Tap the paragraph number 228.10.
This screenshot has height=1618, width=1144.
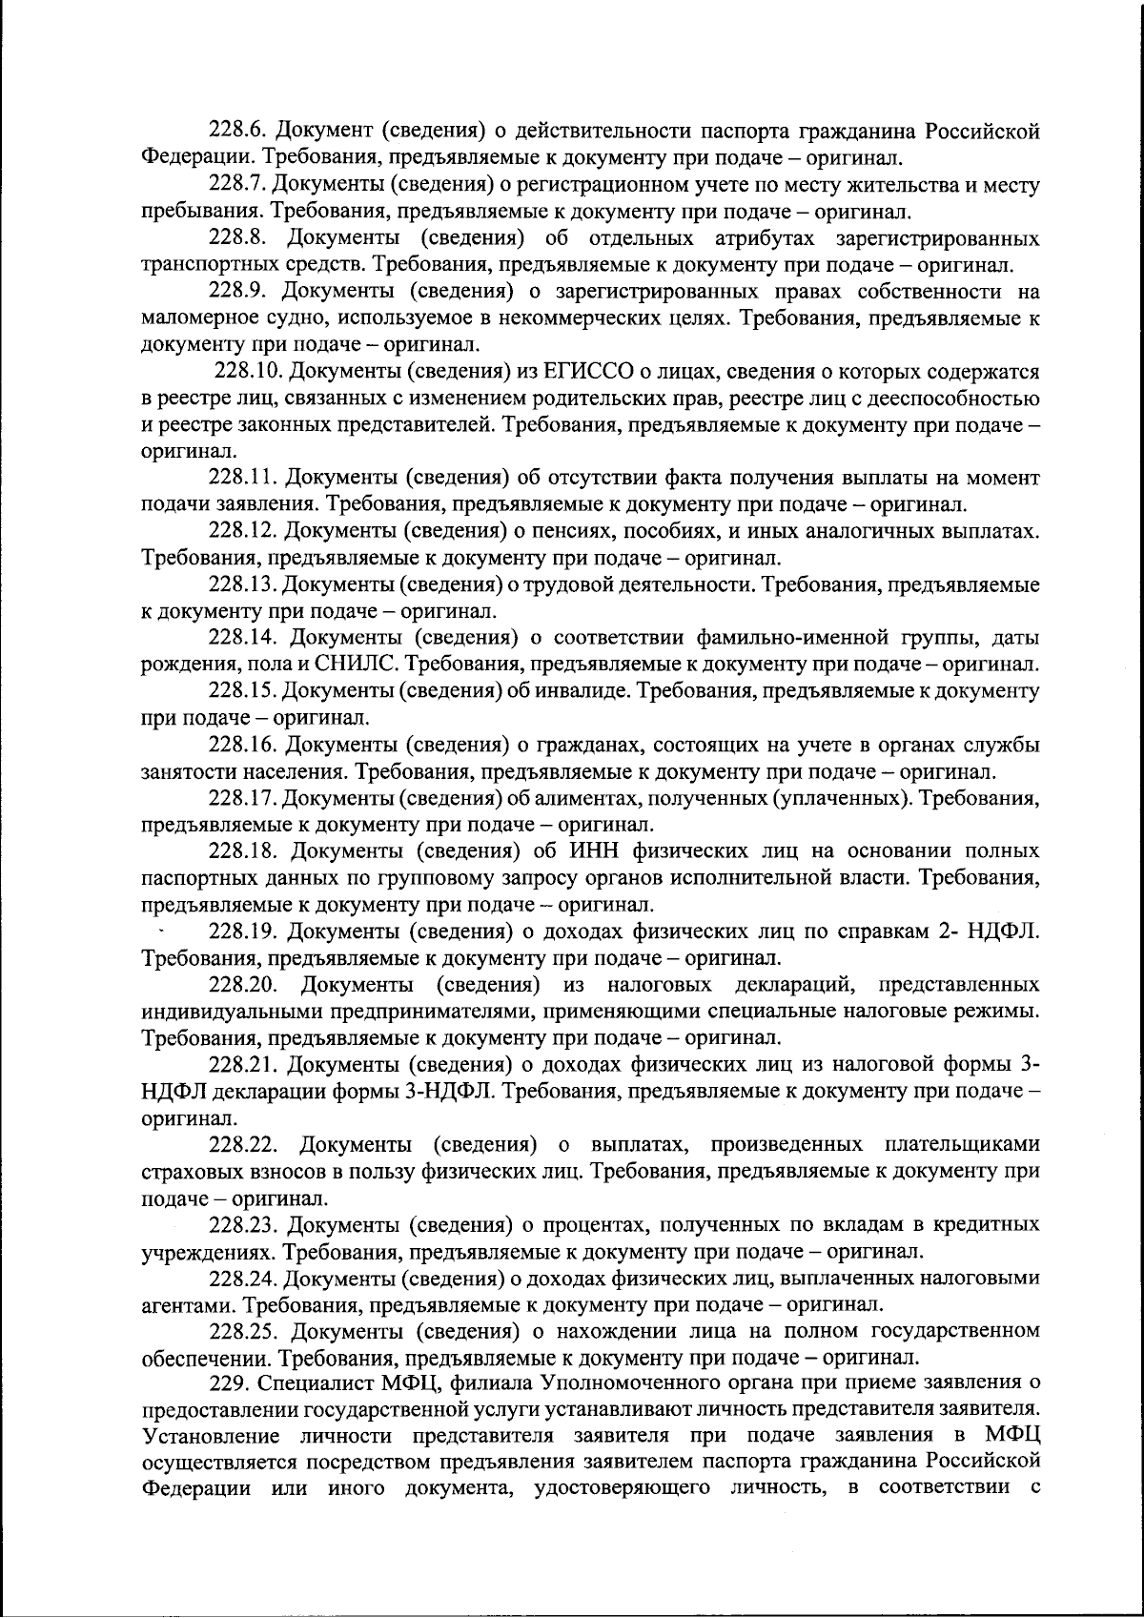(x=251, y=371)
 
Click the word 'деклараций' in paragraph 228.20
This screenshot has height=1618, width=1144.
(x=799, y=984)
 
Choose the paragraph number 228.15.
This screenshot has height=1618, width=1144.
(x=242, y=690)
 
